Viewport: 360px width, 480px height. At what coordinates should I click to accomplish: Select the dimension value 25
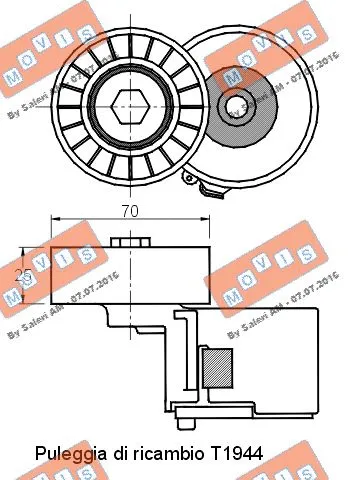(31, 273)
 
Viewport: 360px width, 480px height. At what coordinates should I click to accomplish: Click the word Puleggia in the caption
(67, 453)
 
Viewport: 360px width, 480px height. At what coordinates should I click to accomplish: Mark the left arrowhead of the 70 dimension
(53, 223)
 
